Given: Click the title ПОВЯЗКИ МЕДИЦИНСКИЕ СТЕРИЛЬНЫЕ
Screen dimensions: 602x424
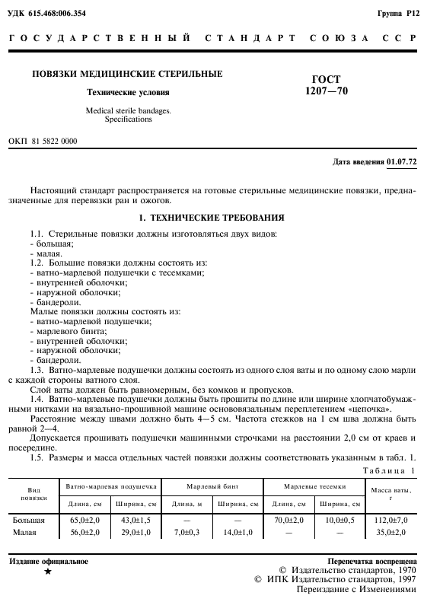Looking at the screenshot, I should pyautogui.click(x=126, y=75).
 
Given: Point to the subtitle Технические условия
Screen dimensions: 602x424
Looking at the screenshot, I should pyautogui.click(x=126, y=93).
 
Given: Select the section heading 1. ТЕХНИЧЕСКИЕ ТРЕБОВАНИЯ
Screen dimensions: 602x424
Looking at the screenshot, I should pyautogui.click(x=211, y=218).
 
